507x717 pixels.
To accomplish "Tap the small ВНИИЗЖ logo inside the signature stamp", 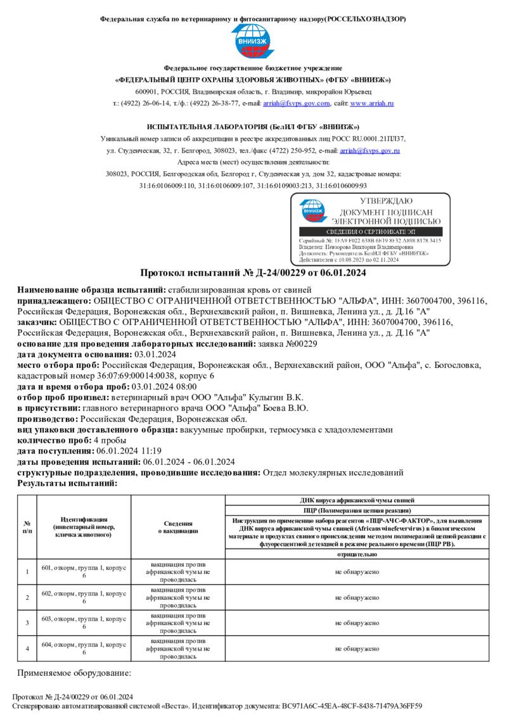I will click(x=311, y=211).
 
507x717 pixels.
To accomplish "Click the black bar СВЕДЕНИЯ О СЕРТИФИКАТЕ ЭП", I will click(x=370, y=232).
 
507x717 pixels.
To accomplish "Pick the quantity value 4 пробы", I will click(x=110, y=440).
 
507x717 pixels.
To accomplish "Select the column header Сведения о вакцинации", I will click(x=178, y=528).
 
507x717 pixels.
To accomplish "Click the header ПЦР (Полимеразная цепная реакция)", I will click(x=357, y=510).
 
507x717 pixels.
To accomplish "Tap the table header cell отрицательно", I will click(x=357, y=554).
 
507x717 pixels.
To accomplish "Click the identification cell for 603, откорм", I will click(x=84, y=622).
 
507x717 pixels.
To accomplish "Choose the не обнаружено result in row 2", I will click(x=357, y=597).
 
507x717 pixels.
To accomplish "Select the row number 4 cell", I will click(x=27, y=649).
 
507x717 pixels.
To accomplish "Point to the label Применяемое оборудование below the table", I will click(x=74, y=673).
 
